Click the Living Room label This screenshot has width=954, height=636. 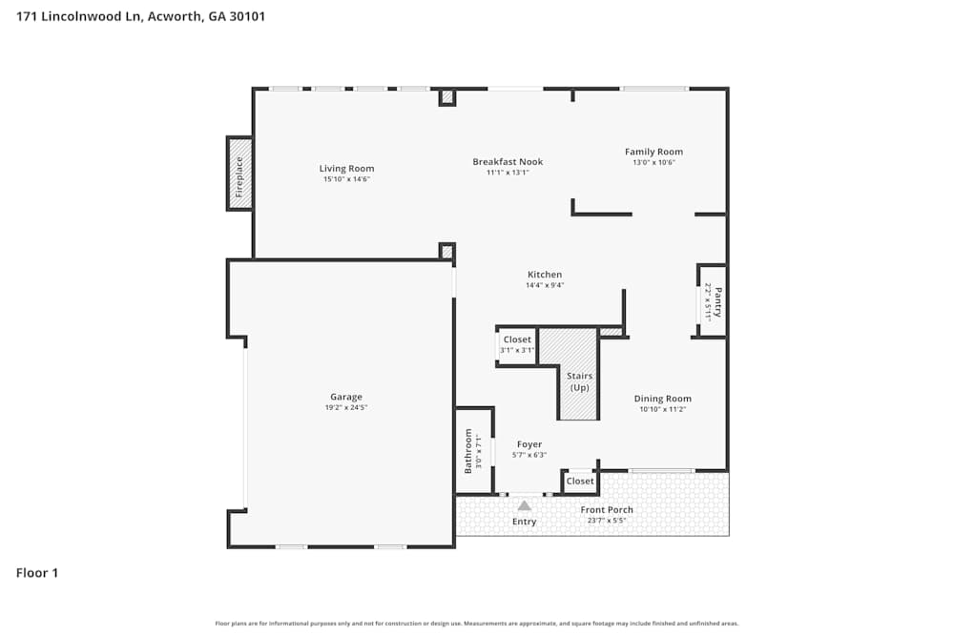tap(346, 169)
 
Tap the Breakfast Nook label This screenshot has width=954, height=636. tap(508, 162)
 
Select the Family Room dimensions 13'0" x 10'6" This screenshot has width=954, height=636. tap(653, 163)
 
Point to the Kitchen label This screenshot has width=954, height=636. tap(545, 275)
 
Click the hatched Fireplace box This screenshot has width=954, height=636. tap(239, 174)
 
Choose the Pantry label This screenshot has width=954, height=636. tap(718, 302)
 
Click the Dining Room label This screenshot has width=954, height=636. tap(662, 399)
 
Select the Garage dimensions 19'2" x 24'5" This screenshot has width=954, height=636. tap(346, 407)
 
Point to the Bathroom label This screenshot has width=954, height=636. tap(467, 451)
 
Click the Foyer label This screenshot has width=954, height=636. tap(529, 444)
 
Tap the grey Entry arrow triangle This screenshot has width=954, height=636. tap(524, 505)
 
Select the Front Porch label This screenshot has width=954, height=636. tap(607, 510)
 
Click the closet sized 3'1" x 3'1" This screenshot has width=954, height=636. tap(518, 345)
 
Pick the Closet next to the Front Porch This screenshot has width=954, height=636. tap(580, 482)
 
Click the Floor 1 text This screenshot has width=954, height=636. tap(37, 573)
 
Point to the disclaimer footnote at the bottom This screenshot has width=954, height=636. tap(477, 624)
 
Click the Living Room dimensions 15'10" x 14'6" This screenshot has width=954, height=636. tap(346, 179)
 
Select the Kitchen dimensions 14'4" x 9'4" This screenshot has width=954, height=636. tap(545, 285)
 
